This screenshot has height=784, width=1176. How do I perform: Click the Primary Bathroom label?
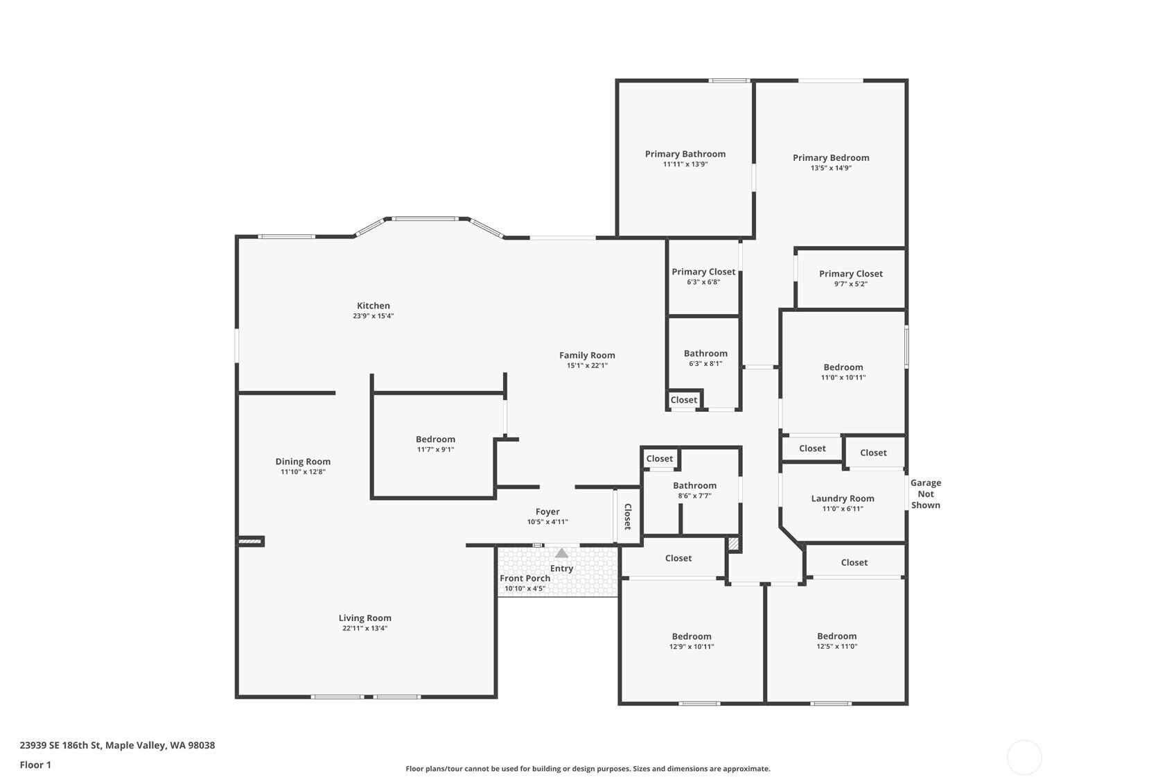tap(685, 154)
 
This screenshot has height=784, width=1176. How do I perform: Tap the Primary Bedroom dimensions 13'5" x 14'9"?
tap(831, 168)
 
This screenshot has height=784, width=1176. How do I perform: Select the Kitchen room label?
tap(373, 306)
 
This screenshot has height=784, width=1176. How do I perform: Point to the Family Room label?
tap(587, 356)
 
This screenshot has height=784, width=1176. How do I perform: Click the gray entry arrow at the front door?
tap(561, 553)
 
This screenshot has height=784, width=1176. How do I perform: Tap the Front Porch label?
tap(525, 578)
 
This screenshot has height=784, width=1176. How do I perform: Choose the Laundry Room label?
tap(842, 498)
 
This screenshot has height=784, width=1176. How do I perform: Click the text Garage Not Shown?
tap(925, 494)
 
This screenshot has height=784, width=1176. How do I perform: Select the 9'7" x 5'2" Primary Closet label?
tap(850, 274)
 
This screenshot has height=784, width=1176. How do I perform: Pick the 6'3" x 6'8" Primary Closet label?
tap(703, 272)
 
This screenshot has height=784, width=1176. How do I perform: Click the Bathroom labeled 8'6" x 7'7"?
tap(694, 486)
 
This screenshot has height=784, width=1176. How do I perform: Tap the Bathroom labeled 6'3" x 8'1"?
tap(705, 354)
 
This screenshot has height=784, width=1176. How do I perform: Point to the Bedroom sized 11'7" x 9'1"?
tap(435, 439)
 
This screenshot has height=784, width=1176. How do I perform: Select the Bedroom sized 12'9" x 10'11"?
tap(691, 636)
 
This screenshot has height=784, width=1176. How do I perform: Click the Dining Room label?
tap(303, 462)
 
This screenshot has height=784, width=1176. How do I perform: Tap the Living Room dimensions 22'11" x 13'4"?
tap(365, 629)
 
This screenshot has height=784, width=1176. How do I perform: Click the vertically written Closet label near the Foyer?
tap(628, 516)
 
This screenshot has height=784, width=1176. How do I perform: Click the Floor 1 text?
tap(35, 765)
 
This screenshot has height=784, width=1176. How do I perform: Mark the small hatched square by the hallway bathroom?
tap(734, 544)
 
